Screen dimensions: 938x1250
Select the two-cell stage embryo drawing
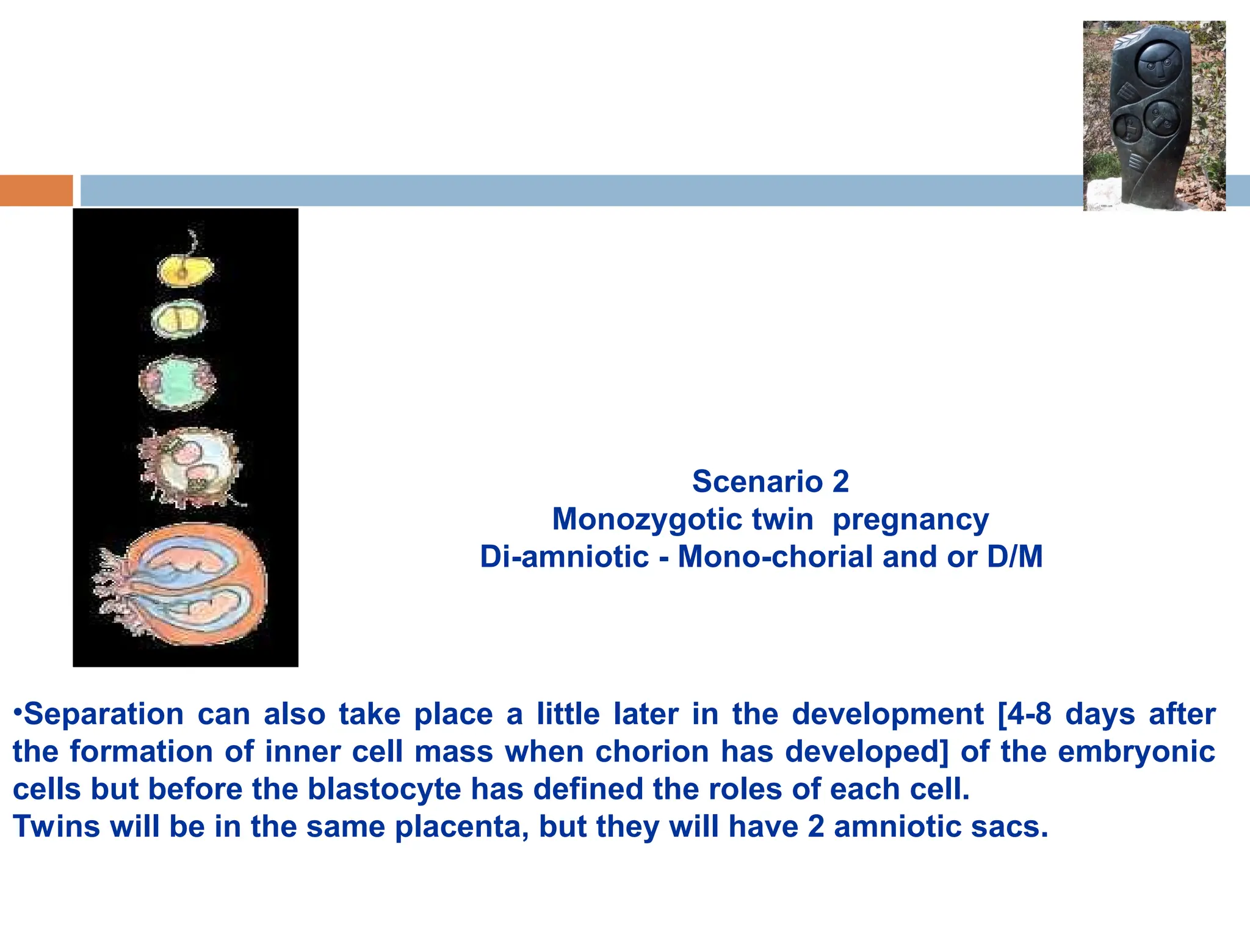[179, 319]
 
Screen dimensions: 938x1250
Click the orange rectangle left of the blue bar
[36, 190]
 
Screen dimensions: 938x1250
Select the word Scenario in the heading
[757, 482]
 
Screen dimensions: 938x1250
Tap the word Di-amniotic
[564, 557]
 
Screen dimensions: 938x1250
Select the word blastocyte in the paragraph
[384, 789]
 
